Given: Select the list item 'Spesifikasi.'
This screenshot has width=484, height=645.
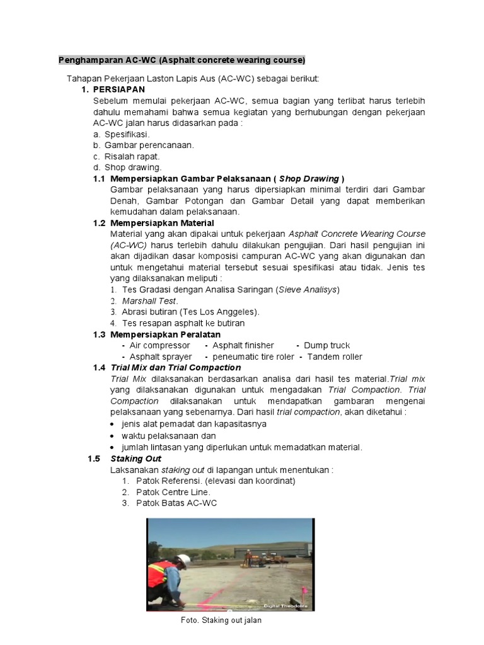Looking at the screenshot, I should tap(127, 134).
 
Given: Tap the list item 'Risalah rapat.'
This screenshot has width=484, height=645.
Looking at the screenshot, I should tap(132, 156).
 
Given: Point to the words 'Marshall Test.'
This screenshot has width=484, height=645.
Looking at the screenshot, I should tap(150, 300).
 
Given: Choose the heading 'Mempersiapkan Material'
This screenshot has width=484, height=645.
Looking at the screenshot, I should tap(162, 223).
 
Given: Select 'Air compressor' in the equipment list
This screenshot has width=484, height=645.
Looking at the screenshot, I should tap(159, 345).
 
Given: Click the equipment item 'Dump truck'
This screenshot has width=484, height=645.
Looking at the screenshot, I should tap(326, 345).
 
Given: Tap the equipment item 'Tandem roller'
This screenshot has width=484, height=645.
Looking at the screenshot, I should tap(335, 357).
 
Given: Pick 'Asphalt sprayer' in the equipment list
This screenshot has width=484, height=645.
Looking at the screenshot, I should tap(161, 357).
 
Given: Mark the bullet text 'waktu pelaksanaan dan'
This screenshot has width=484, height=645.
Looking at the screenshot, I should tap(169, 436).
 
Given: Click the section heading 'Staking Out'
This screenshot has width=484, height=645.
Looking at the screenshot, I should tap(135, 459).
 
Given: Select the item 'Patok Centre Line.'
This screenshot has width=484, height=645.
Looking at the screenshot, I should tap(173, 492).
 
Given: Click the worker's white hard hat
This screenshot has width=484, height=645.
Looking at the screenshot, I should tap(183, 561).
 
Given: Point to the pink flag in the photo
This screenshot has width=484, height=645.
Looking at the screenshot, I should tap(303, 591).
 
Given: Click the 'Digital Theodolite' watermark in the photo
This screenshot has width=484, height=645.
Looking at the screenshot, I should tap(293, 605).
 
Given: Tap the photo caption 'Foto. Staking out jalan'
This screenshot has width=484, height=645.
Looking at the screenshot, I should tap(221, 620).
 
